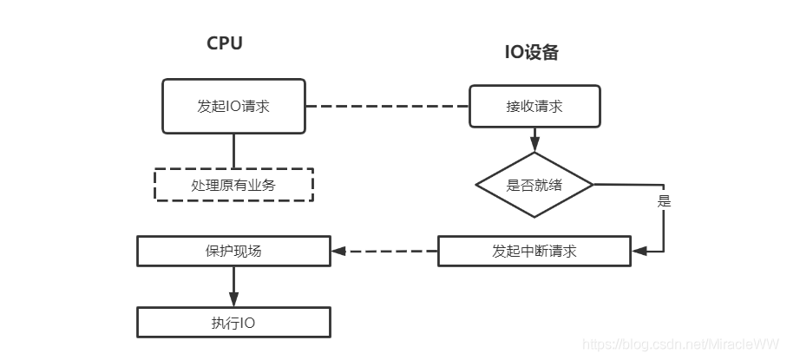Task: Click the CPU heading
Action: [x=225, y=43]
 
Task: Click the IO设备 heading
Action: [x=532, y=52]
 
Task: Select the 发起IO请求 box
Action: [x=233, y=106]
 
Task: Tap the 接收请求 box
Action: [x=535, y=106]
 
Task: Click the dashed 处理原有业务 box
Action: [x=233, y=185]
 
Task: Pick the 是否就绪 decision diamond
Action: [x=535, y=186]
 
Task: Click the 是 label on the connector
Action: [x=664, y=201]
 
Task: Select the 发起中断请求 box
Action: [x=535, y=251]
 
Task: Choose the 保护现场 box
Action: [x=234, y=251]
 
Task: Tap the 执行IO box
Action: [x=234, y=323]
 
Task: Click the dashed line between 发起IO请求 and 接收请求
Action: [x=388, y=107]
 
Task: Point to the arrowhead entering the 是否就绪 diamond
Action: [x=535, y=145]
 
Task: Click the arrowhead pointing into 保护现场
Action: [x=338, y=251]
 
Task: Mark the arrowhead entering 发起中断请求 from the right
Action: [x=639, y=251]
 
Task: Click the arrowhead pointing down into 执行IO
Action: [x=234, y=299]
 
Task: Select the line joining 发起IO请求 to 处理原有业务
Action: [x=234, y=151]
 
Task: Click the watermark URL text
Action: [x=681, y=344]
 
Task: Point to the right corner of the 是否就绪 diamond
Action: [x=594, y=185]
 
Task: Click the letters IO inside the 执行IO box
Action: [x=247, y=323]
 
